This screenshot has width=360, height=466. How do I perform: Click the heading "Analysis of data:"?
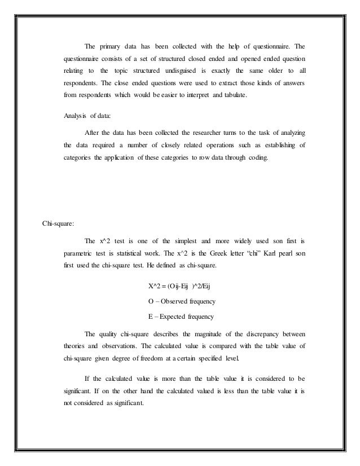click(88, 117)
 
